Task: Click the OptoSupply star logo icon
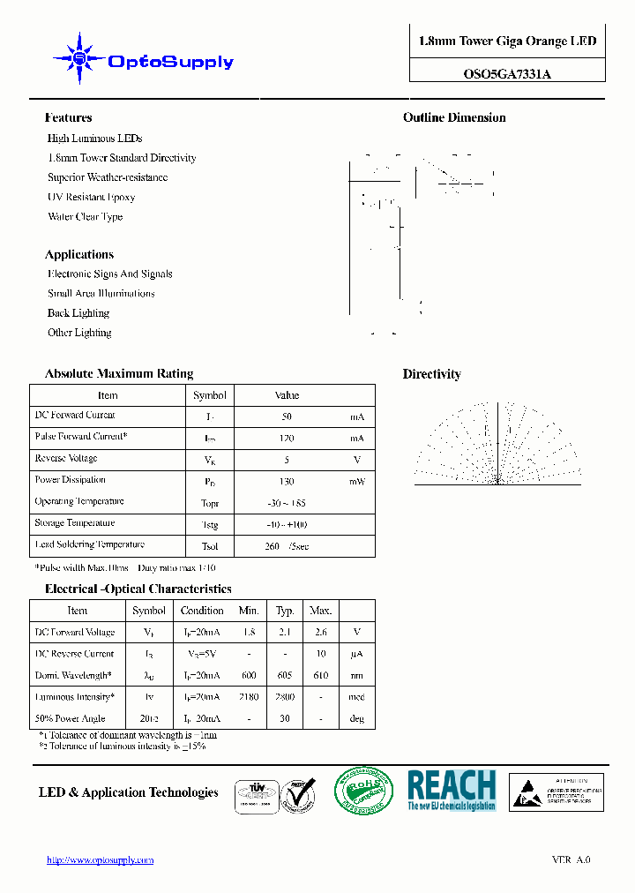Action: pos(80,59)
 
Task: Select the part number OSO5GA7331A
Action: pos(507,74)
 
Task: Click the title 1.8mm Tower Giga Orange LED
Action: pos(507,41)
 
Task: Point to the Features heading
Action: pos(68,118)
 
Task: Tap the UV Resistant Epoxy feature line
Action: pos(91,198)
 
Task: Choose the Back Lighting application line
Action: pos(78,313)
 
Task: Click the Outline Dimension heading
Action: pos(454,118)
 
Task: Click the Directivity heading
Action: pos(431,374)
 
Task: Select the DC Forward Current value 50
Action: pos(287,416)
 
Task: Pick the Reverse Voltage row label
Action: pos(66,459)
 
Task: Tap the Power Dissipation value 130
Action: pos(287,482)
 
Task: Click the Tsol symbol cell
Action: pos(209,546)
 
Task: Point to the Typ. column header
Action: pos(285,611)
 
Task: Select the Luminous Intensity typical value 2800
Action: pos(285,697)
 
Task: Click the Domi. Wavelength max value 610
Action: pos(320,676)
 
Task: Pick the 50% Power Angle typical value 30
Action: pos(285,719)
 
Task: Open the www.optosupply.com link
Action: pos(100,860)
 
